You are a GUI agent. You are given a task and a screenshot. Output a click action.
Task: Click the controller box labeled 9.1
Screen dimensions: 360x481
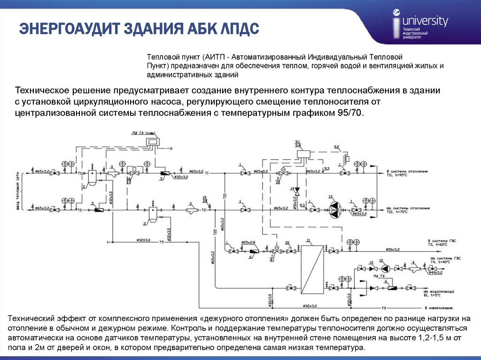click(x=306, y=152)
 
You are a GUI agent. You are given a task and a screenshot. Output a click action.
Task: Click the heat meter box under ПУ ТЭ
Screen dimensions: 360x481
click(x=152, y=140)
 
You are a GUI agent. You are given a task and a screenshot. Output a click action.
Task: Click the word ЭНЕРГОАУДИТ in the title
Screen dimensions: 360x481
click(x=69, y=29)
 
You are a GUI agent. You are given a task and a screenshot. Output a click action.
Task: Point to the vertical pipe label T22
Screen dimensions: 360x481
click(x=215, y=231)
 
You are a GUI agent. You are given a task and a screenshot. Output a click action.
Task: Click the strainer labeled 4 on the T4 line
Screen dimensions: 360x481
click(x=413, y=269)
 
